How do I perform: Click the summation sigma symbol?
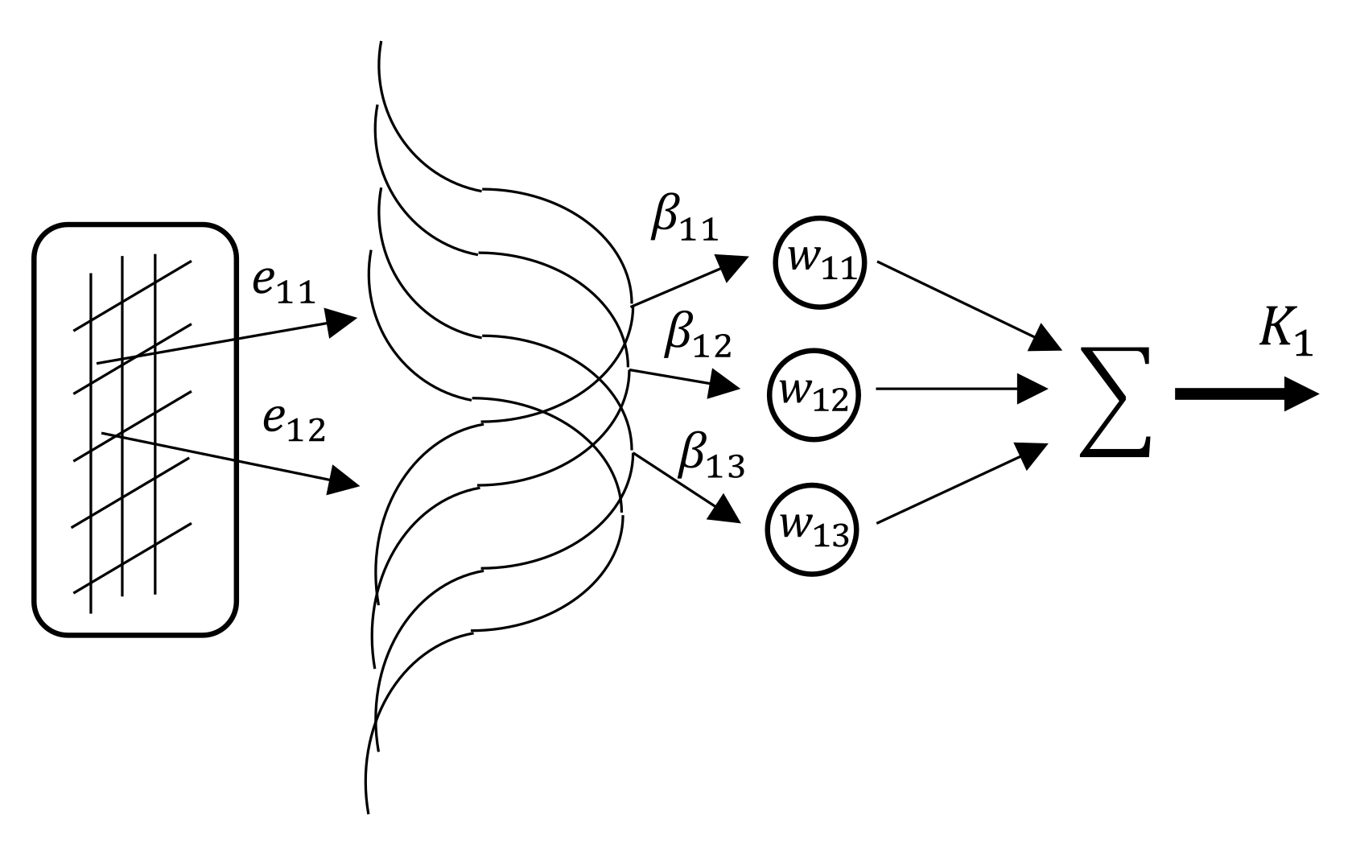(1115, 402)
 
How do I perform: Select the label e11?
(283, 288)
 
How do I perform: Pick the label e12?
(295, 426)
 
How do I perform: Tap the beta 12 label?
(696, 338)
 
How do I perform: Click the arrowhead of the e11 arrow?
(343, 322)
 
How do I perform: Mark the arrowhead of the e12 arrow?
(344, 480)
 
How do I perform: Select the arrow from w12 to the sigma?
(958, 389)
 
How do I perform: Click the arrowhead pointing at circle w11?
(733, 266)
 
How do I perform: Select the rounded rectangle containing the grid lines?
(135, 431)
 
